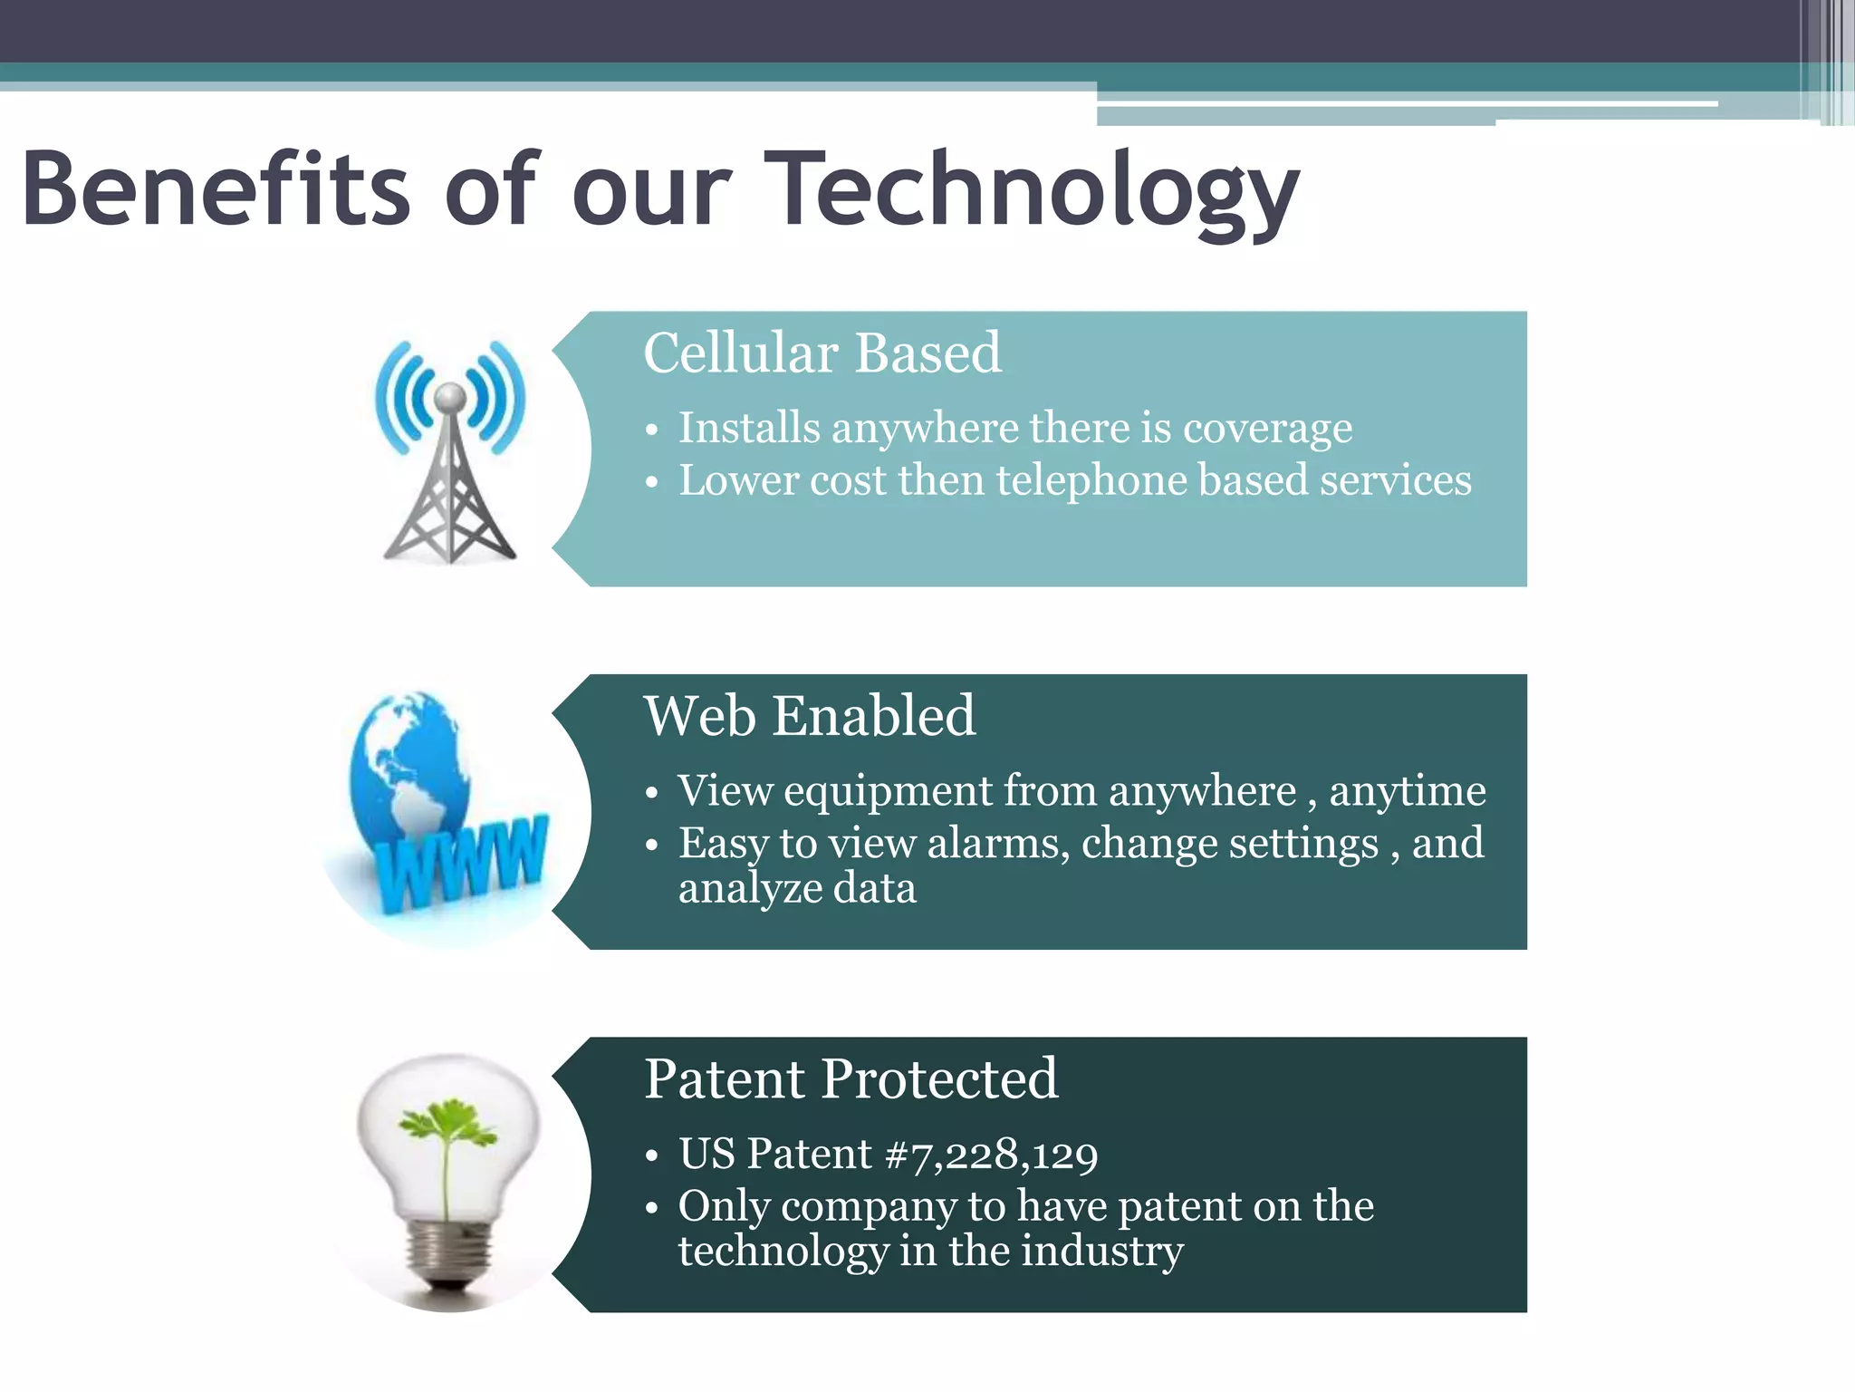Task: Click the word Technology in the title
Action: click(x=1033, y=192)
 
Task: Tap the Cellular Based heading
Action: click(x=822, y=353)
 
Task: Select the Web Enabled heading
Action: click(x=810, y=716)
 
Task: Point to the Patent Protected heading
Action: click(x=851, y=1078)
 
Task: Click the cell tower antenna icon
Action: click(x=450, y=480)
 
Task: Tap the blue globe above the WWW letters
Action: click(x=408, y=761)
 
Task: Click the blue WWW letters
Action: click(x=462, y=865)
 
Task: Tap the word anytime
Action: click(x=1408, y=791)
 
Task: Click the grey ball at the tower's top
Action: click(x=450, y=396)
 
